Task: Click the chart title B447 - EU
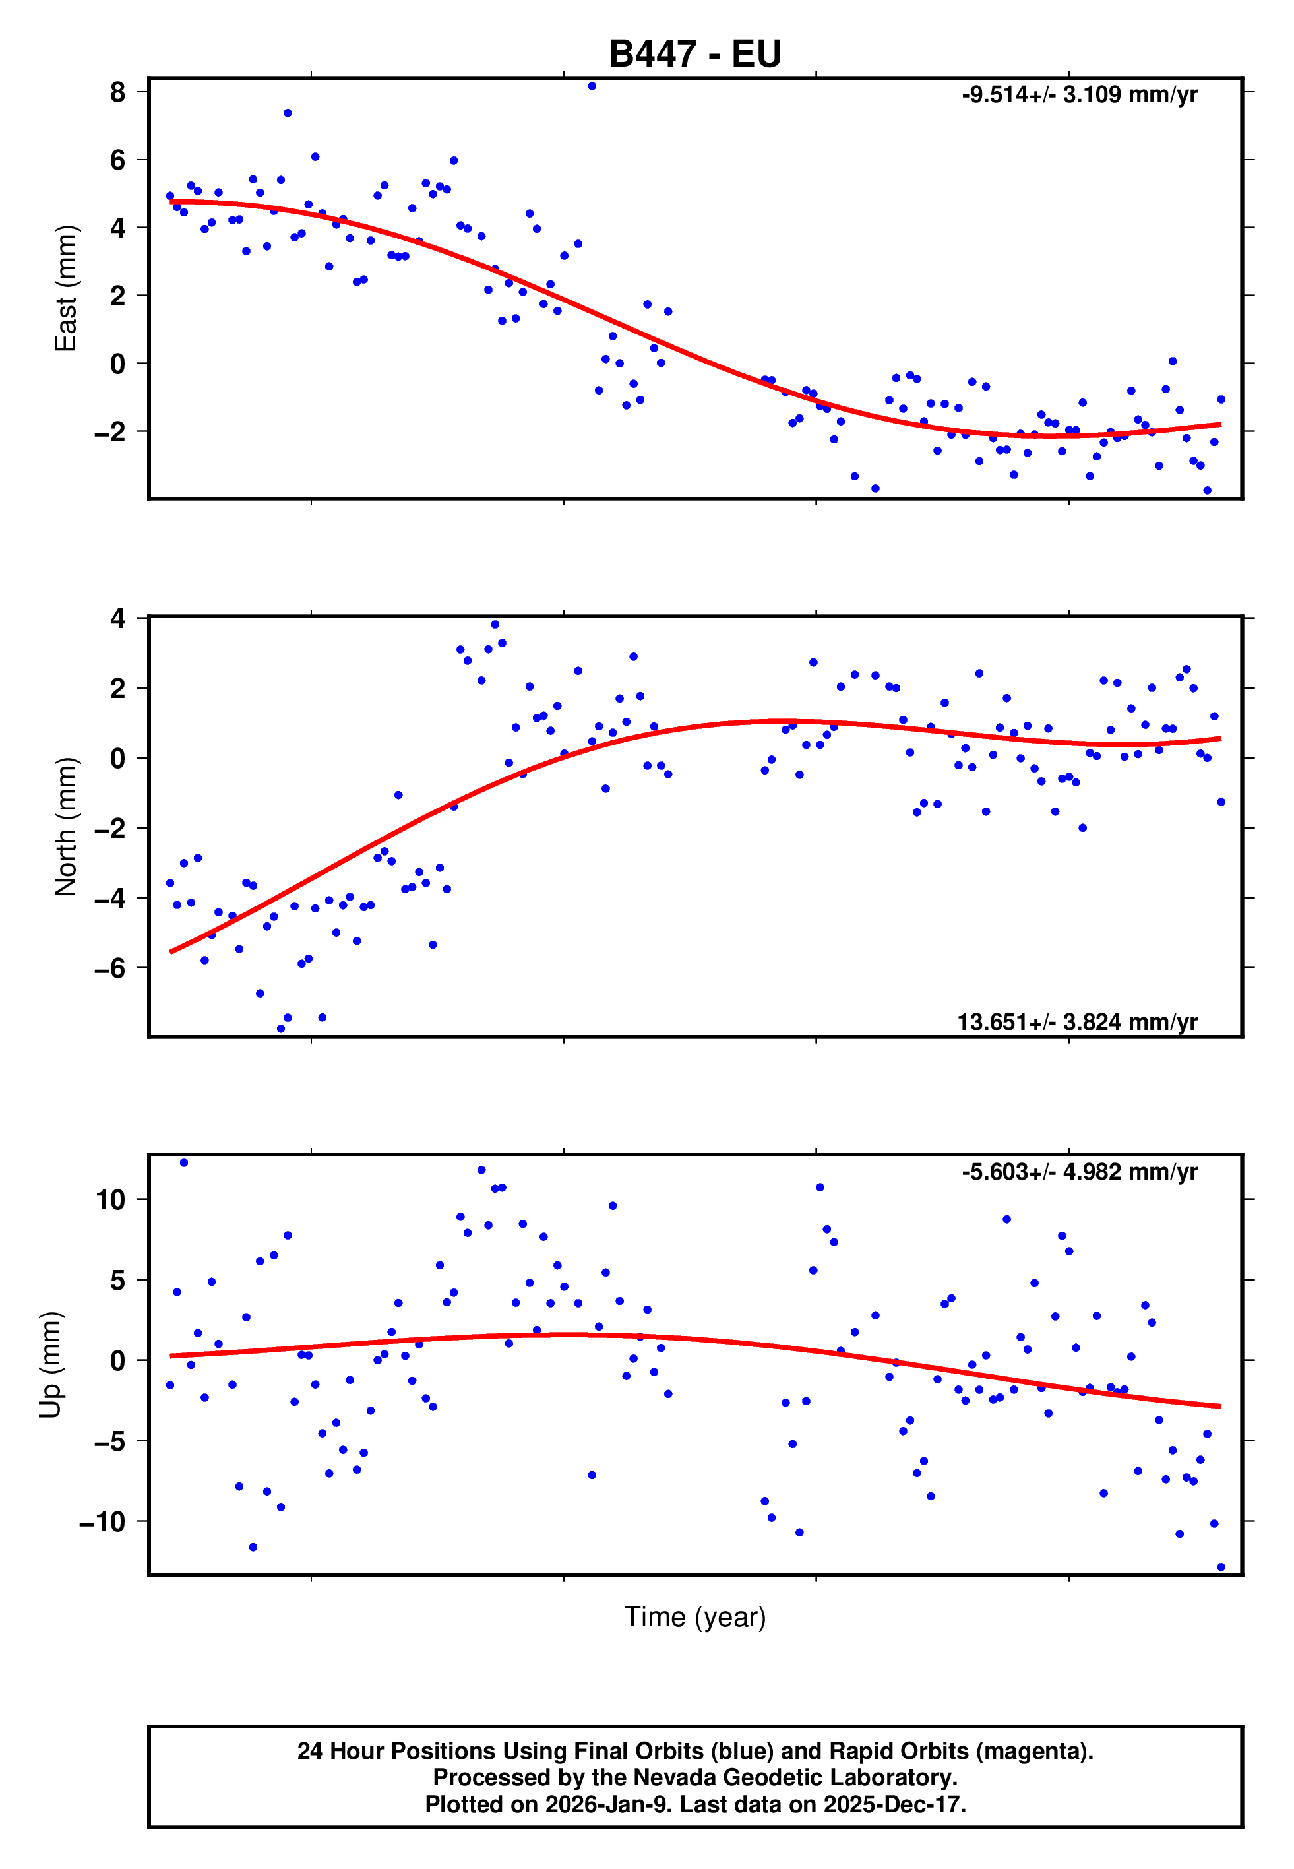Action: click(695, 54)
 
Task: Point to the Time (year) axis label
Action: click(695, 1617)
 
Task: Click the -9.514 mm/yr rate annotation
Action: click(1079, 95)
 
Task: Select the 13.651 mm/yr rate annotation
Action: click(1077, 1022)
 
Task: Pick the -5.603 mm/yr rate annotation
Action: click(1079, 1172)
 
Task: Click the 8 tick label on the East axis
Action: click(118, 92)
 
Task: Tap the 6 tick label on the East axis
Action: click(118, 160)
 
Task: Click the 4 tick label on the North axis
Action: click(118, 619)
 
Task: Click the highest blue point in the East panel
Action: click(592, 86)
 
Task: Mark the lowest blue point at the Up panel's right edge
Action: click(1221, 1567)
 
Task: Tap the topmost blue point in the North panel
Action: click(495, 624)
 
